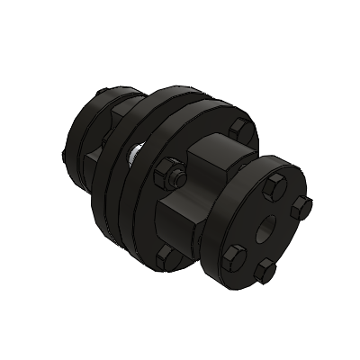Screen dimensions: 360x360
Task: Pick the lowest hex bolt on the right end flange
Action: [x=265, y=271]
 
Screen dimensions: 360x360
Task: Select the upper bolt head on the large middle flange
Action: [x=238, y=127]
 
